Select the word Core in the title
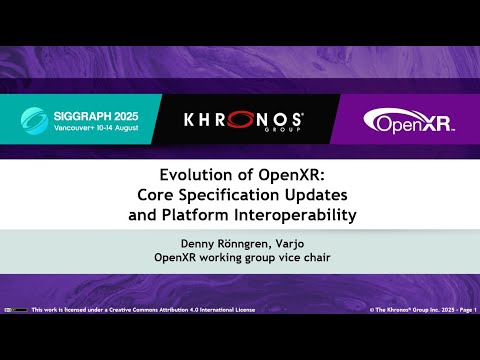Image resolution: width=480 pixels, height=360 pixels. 163,191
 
